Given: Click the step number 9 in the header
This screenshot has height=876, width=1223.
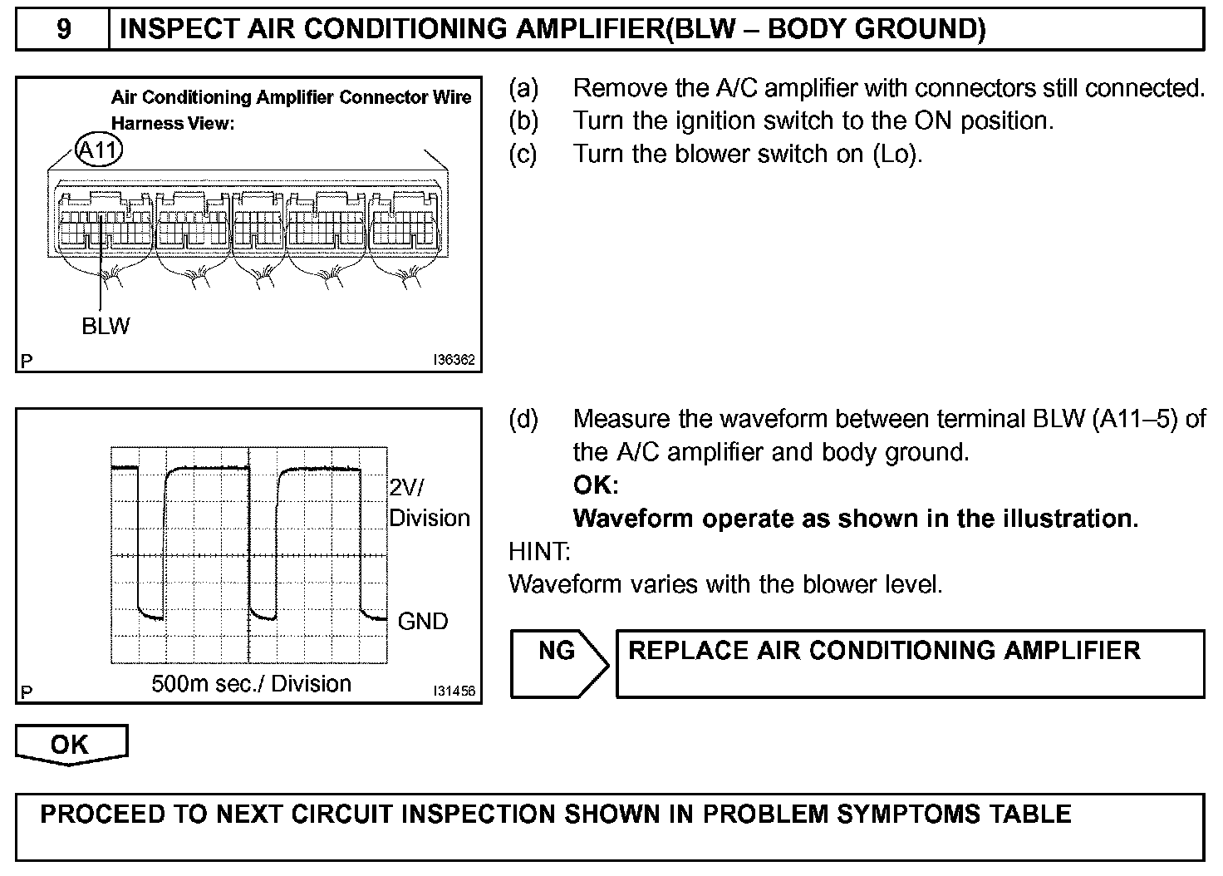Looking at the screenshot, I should click(x=63, y=29).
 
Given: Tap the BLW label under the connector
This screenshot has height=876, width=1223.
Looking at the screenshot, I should click(x=106, y=326).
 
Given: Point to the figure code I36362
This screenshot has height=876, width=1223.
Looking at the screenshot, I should click(x=454, y=361).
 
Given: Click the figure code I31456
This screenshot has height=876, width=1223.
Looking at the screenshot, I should click(x=454, y=691).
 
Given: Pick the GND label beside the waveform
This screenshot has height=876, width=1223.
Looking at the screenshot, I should click(x=423, y=621).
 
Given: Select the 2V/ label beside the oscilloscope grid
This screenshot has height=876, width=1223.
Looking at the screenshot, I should click(x=411, y=487).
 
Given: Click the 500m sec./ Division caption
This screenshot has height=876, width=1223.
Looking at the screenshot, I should click(x=251, y=684).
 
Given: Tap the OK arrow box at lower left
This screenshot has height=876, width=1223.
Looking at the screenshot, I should click(x=71, y=744).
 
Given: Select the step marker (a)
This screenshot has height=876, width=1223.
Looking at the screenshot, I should click(x=523, y=88).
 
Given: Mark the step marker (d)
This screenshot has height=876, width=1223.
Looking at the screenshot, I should click(x=523, y=419).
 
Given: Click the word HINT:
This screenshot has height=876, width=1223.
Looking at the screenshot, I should click(x=539, y=551).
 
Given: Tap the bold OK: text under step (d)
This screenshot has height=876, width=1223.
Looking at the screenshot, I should click(x=596, y=485).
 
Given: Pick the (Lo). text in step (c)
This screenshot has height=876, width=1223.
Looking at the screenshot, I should click(x=897, y=155).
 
